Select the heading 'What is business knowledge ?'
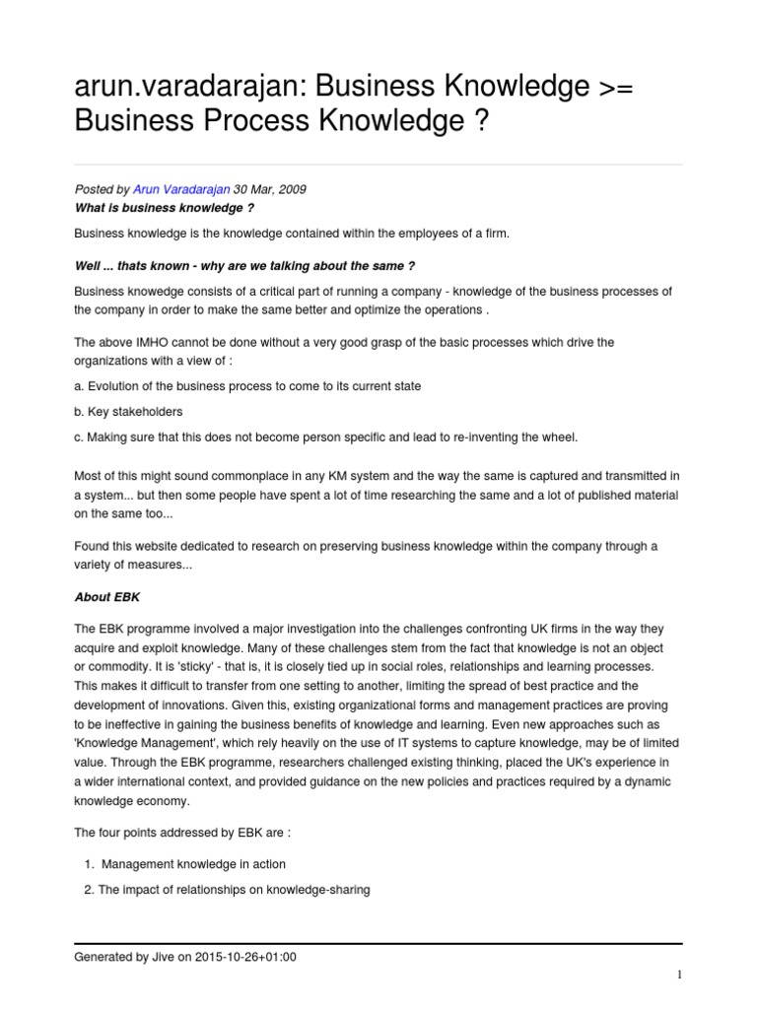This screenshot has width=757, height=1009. [158, 208]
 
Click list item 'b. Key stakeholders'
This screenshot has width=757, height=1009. [129, 411]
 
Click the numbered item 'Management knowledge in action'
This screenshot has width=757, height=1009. [193, 864]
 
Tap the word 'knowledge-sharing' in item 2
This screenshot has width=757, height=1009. [315, 890]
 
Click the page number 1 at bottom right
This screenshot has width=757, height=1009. [679, 975]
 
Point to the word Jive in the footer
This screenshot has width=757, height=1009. [164, 956]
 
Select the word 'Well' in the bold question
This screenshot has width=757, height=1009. [90, 265]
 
